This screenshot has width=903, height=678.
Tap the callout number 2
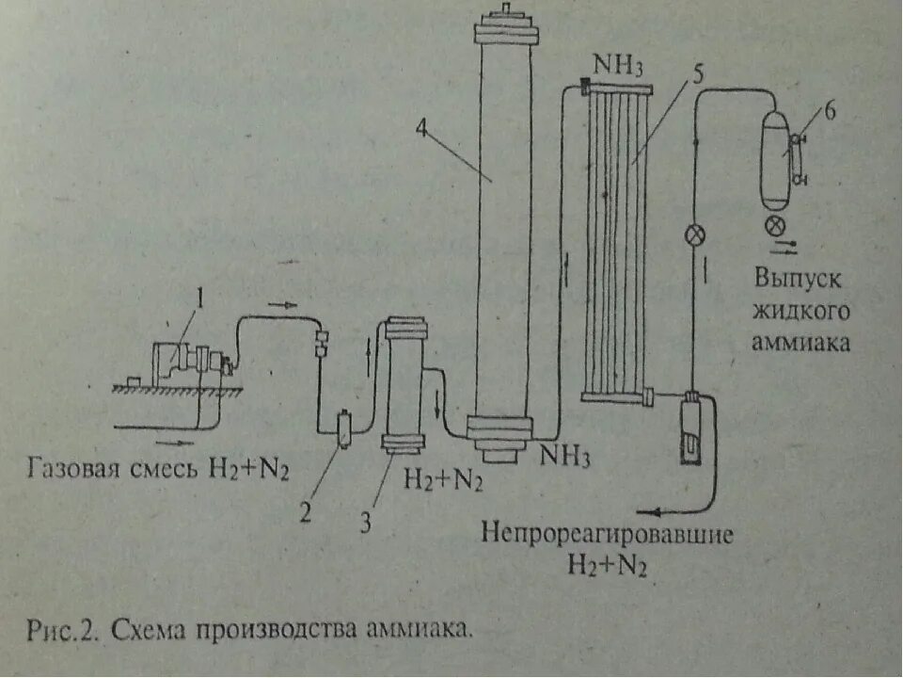tap(304, 512)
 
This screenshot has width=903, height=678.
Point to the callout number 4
tap(422, 131)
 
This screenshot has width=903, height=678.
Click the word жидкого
tap(801, 311)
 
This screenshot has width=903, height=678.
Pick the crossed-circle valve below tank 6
tap(776, 226)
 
